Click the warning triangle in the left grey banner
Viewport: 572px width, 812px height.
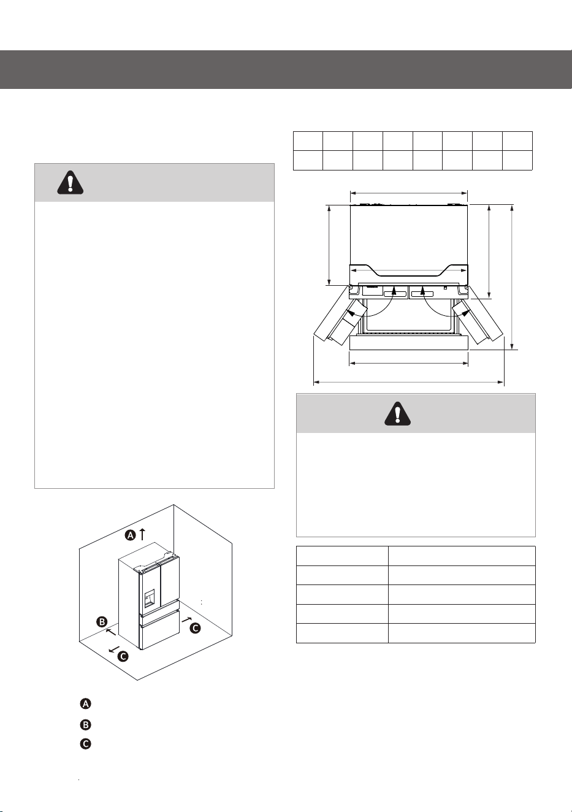pyautogui.click(x=71, y=182)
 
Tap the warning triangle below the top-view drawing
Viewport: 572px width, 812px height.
pyautogui.click(x=398, y=413)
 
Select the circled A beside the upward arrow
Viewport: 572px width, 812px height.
pyautogui.click(x=131, y=535)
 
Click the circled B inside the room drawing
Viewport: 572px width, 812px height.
pyautogui.click(x=102, y=622)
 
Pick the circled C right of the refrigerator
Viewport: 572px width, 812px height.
pyautogui.click(x=195, y=628)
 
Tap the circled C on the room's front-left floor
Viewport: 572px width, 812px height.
pyautogui.click(x=123, y=656)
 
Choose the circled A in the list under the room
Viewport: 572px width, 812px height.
pyautogui.click(x=86, y=704)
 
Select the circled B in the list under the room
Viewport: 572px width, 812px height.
pyautogui.click(x=86, y=725)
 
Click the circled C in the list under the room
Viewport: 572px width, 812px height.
pyautogui.click(x=86, y=744)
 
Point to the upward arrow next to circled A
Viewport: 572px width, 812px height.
pyautogui.click(x=142, y=534)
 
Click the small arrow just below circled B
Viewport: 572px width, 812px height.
pyautogui.click(x=111, y=632)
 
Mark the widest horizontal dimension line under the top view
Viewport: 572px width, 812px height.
pyautogui.click(x=408, y=382)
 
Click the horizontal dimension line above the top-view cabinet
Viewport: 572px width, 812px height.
pyautogui.click(x=409, y=194)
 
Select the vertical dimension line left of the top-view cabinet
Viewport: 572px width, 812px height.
pyautogui.click(x=329, y=245)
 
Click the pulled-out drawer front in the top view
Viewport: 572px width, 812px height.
pyautogui.click(x=409, y=343)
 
